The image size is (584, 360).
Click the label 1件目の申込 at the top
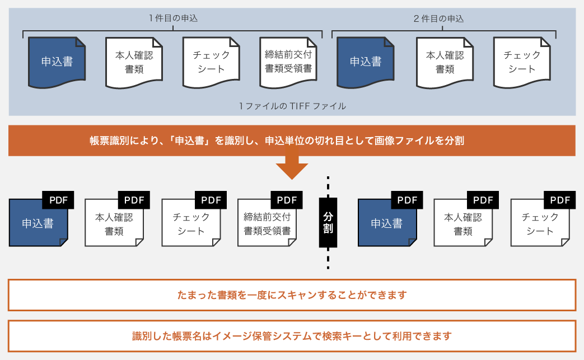tap(173, 18)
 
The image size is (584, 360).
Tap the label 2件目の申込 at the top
tap(438, 18)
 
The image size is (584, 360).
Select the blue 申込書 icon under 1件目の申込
tap(57, 62)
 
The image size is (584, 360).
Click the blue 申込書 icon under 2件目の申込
tap(366, 62)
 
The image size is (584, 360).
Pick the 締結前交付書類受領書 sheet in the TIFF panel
tap(288, 62)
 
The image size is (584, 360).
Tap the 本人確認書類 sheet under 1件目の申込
tap(134, 62)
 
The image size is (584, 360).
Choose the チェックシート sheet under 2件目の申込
tap(521, 62)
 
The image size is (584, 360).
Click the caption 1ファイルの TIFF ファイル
tap(292, 106)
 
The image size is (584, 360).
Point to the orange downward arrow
tap(292, 167)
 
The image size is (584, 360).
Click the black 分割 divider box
tap(328, 222)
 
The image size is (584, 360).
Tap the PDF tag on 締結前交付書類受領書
tap(286, 200)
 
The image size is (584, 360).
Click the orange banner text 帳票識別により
tap(292, 141)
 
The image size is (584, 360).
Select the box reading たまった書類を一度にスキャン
tap(292, 294)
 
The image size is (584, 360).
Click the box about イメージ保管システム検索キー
tap(292, 336)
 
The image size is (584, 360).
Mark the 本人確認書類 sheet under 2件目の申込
tap(445, 62)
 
